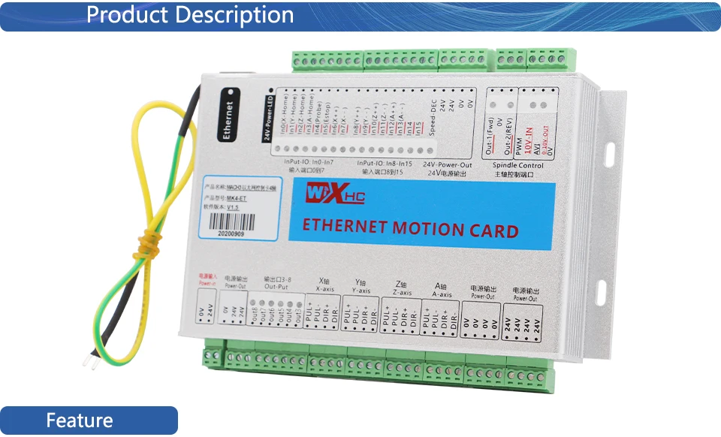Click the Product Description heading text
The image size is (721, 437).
(190, 15)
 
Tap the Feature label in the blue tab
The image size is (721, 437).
(79, 420)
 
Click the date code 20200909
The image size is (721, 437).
(231, 234)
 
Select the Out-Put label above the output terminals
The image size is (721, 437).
(276, 286)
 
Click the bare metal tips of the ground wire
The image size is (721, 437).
(89, 362)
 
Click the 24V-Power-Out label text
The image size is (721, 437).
(448, 164)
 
